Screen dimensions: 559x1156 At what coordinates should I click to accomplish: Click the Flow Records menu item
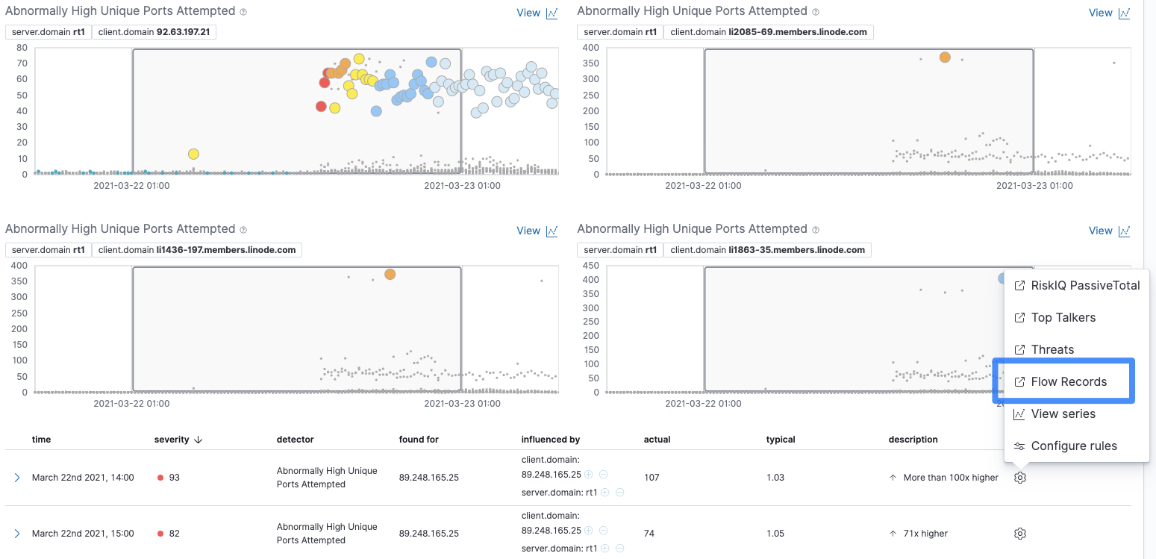[1068, 381]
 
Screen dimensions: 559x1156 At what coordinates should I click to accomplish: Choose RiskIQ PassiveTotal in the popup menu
[1084, 285]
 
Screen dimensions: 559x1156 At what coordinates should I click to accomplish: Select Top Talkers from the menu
[1063, 317]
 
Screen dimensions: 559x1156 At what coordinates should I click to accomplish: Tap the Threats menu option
[1052, 349]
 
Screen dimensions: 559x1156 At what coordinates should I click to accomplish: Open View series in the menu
[1063, 413]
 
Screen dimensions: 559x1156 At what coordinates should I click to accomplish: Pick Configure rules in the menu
[1073, 446]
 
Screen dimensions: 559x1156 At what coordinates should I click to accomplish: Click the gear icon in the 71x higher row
[1020, 534]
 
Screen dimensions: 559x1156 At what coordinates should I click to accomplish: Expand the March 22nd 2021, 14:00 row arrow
[17, 478]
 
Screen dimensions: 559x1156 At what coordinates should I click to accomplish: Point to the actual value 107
[652, 478]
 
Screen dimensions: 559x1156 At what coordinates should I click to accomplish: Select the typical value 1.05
[775, 534]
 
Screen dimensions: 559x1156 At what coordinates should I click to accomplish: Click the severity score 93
[174, 478]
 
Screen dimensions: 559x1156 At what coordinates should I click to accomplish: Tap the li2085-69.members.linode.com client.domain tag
[768, 32]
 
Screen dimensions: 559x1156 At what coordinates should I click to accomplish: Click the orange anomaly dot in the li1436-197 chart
[390, 274]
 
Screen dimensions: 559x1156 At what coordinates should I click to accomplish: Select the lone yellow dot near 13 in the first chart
[193, 154]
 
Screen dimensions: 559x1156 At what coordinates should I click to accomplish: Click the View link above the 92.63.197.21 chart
[528, 13]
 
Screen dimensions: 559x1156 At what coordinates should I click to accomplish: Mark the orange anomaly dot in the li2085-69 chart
[945, 57]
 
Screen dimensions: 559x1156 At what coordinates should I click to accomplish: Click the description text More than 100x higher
[950, 478]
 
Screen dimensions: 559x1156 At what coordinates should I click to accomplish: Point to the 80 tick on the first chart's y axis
[22, 47]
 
